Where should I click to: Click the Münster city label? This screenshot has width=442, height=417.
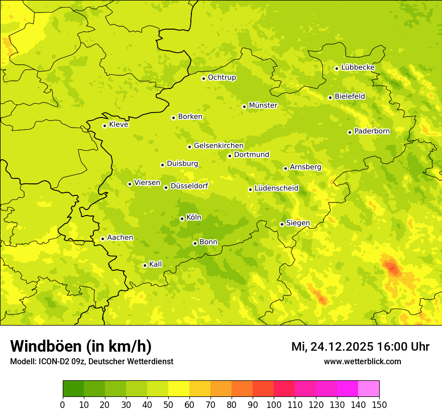pyautogui.click(x=263, y=106)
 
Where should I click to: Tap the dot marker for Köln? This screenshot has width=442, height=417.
pyautogui.click(x=182, y=219)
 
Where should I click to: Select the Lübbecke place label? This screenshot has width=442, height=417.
pyautogui.click(x=358, y=67)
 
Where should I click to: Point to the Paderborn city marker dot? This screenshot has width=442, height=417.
pyautogui.click(x=350, y=132)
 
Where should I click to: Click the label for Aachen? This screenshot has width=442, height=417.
pyautogui.click(x=120, y=238)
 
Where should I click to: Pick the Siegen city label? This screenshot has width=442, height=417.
pyautogui.click(x=298, y=223)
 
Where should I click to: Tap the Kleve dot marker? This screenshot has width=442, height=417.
pyautogui.click(x=104, y=126)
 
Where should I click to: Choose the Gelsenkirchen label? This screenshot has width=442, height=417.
pyautogui.click(x=218, y=146)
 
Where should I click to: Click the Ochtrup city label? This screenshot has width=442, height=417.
pyautogui.click(x=222, y=77)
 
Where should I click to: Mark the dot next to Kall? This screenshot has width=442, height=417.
pyautogui.click(x=145, y=265)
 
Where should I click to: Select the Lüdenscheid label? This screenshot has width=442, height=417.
pyautogui.click(x=276, y=188)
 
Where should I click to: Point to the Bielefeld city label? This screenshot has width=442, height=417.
pyautogui.click(x=350, y=96)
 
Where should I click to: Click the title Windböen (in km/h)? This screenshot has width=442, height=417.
pyautogui.click(x=81, y=346)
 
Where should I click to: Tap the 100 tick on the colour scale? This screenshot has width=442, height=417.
pyautogui.click(x=274, y=404)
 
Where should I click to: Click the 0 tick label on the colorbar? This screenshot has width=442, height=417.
pyautogui.click(x=63, y=404)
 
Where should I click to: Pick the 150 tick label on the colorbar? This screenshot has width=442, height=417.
pyautogui.click(x=379, y=404)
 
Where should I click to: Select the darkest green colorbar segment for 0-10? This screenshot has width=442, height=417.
pyautogui.click(x=73, y=389)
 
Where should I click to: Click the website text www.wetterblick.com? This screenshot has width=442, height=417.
pyautogui.click(x=362, y=361)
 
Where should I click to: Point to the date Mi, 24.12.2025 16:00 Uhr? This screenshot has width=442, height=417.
pyautogui.click(x=360, y=347)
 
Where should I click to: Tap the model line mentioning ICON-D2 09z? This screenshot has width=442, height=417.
pyautogui.click(x=91, y=361)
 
